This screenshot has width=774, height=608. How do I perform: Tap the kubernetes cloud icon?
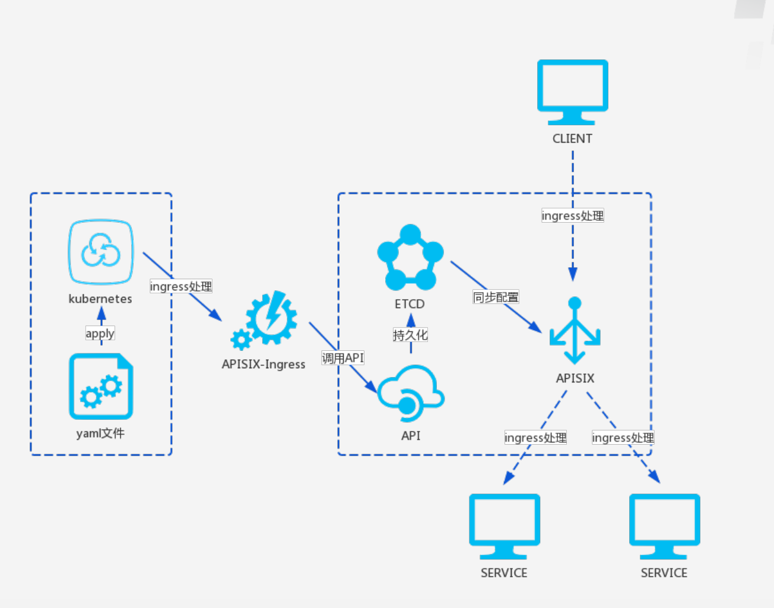click(x=101, y=252)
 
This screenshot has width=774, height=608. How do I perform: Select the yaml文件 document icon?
click(x=101, y=386)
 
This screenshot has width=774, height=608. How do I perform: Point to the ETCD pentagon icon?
click(x=410, y=257)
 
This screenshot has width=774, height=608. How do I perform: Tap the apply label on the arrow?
click(x=100, y=333)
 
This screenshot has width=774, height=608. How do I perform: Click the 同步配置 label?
click(x=496, y=297)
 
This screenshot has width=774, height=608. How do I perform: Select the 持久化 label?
click(x=410, y=334)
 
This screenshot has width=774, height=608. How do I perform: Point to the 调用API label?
click(x=343, y=357)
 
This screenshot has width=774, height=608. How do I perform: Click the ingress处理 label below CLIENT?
click(x=573, y=216)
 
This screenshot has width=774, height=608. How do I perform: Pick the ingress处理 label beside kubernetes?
click(x=181, y=286)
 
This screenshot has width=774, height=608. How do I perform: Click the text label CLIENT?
click(x=572, y=138)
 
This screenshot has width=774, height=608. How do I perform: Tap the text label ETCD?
click(x=410, y=304)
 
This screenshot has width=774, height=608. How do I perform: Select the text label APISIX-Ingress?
click(x=264, y=364)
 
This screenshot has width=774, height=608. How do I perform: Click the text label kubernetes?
click(x=100, y=299)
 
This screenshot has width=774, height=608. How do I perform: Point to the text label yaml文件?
click(x=100, y=433)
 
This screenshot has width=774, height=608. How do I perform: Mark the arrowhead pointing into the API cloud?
click(x=371, y=387)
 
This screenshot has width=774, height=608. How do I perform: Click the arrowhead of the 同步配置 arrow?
click(x=535, y=327)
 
